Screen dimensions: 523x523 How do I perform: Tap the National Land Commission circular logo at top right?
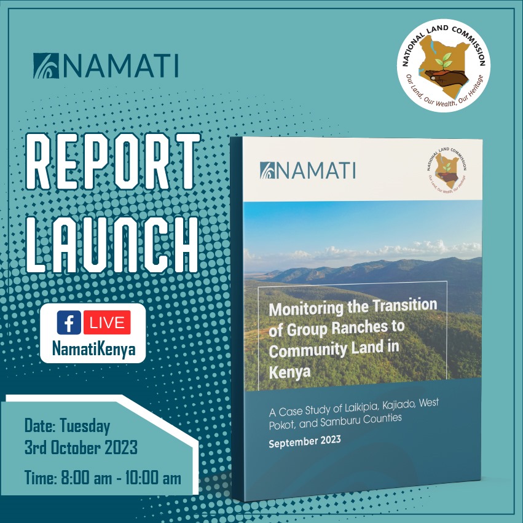pos(444,65)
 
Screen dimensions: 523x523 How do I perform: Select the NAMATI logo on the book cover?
pos(307,170)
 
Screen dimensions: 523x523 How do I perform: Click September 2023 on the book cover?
pos(304,442)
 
